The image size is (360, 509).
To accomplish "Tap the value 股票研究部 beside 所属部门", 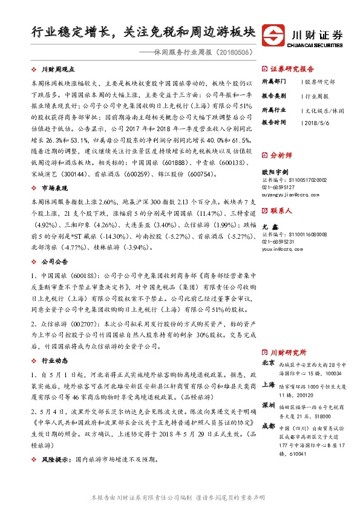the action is (320, 81).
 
